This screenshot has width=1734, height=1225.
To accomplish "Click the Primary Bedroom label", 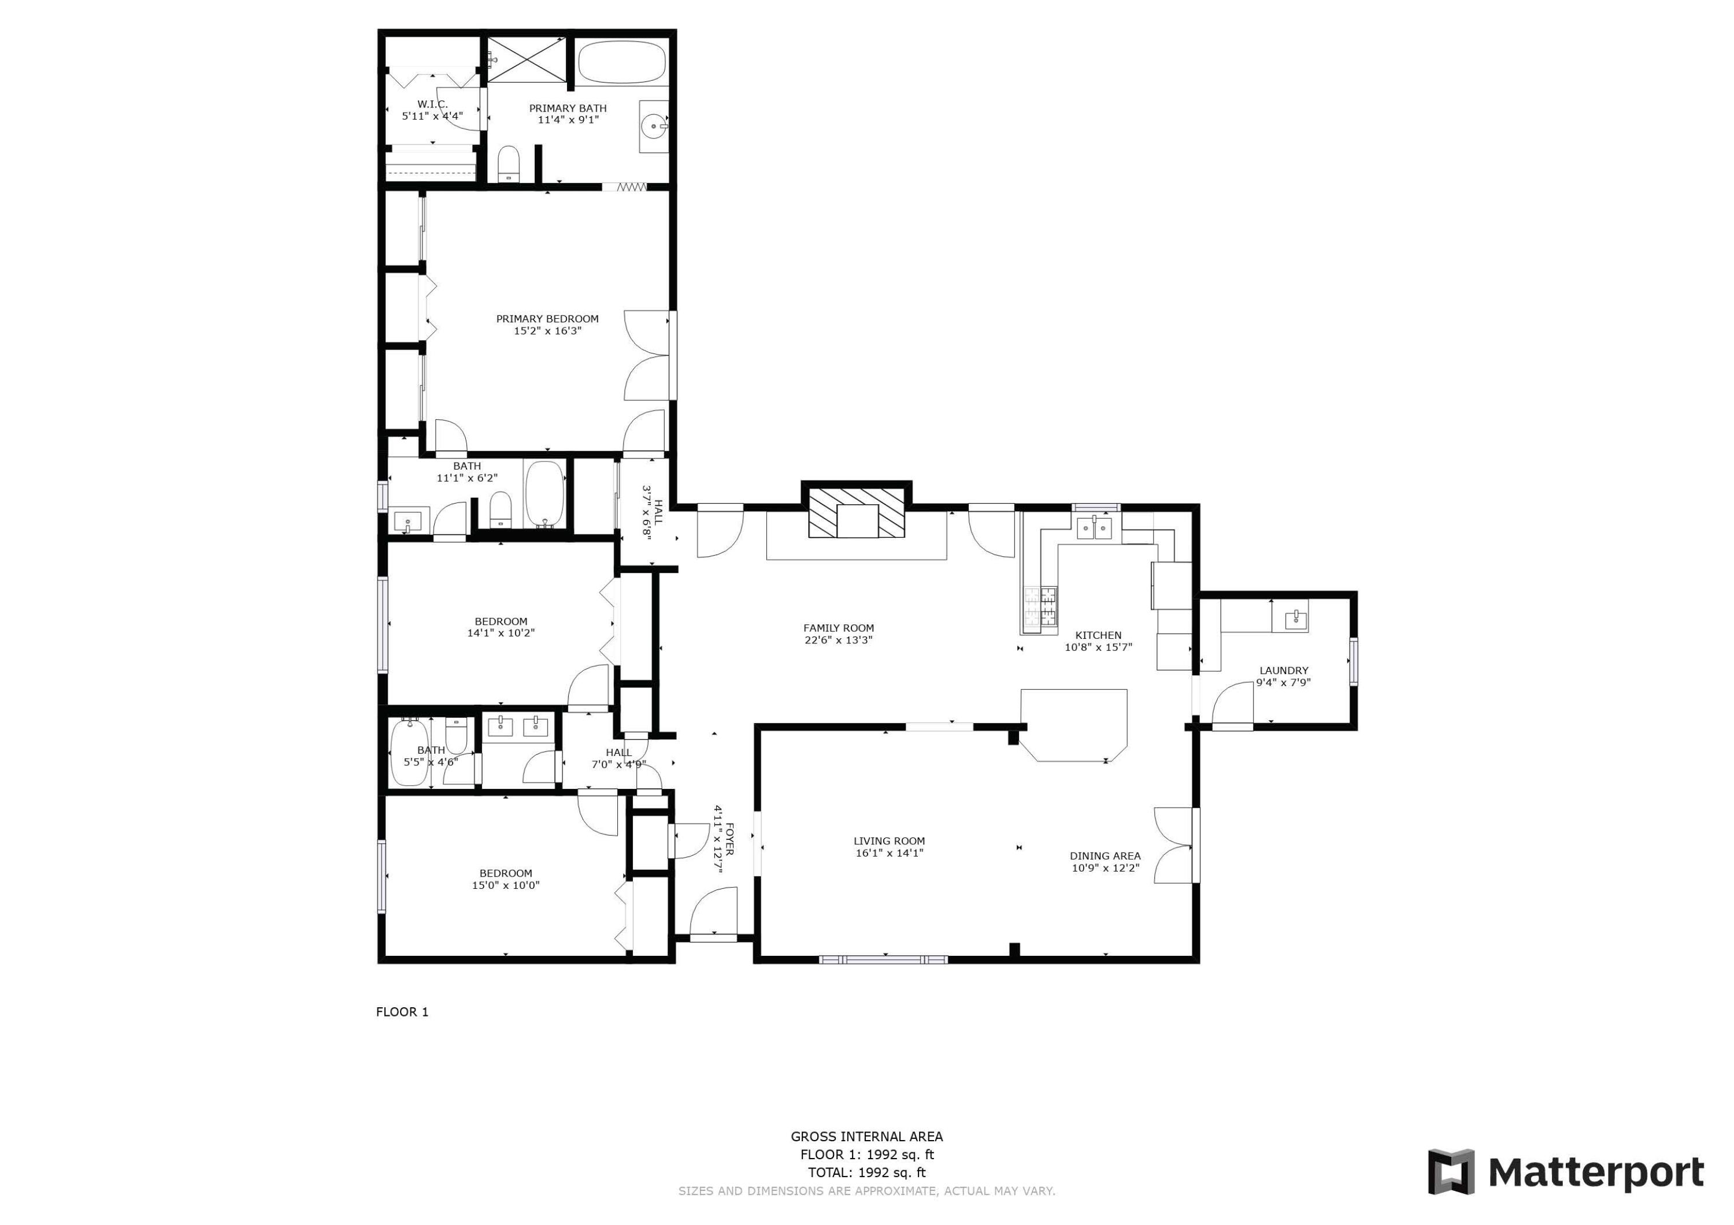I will point(547,318).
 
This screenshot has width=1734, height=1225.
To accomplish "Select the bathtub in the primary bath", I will point(623,62).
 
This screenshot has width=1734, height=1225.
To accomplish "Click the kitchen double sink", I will point(1096,528).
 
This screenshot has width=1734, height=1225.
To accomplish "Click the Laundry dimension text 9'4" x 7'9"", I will point(1283,682).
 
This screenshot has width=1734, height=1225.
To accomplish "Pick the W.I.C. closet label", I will point(433,104).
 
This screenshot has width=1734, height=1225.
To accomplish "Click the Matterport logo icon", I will point(1451,1171).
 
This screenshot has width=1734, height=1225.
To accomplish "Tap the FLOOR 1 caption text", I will point(402,1012).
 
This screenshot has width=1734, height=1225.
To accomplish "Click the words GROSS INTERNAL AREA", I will point(866,1136).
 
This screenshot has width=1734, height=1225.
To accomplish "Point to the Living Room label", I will point(889,841).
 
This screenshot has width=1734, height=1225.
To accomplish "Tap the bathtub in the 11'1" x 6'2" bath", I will point(544,494).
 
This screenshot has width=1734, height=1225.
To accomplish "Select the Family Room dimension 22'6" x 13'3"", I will point(838,640).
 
